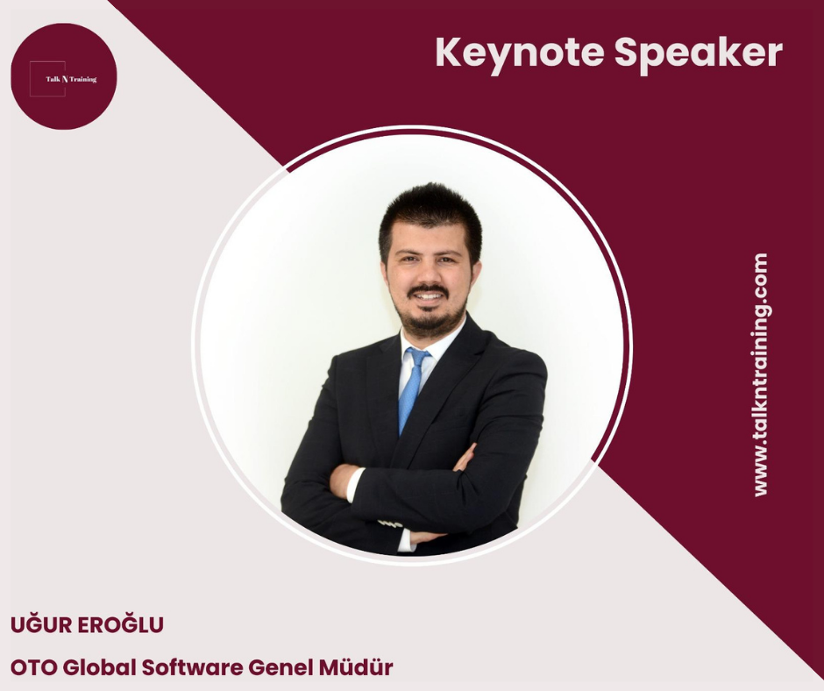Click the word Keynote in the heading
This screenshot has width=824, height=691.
pyautogui.click(x=519, y=53)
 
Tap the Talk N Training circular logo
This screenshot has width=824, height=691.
pyautogui.click(x=64, y=76)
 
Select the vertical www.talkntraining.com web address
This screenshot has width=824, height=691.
pyautogui.click(x=760, y=375)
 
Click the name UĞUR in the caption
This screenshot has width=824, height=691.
pyautogui.click(x=41, y=624)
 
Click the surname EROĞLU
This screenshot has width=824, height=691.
pyautogui.click(x=120, y=624)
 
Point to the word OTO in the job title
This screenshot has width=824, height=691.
pyautogui.click(x=33, y=667)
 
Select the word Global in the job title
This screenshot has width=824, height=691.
pyautogui.click(x=100, y=666)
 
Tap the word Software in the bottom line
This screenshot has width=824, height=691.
pyautogui.click(x=193, y=666)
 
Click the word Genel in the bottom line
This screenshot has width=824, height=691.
pyautogui.click(x=281, y=666)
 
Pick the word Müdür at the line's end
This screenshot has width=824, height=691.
pyautogui.click(x=356, y=666)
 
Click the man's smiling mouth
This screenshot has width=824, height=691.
pyautogui.click(x=428, y=296)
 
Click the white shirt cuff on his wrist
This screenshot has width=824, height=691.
pyautogui.click(x=354, y=484)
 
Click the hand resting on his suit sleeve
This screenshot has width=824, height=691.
pyautogui.click(x=465, y=458)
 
